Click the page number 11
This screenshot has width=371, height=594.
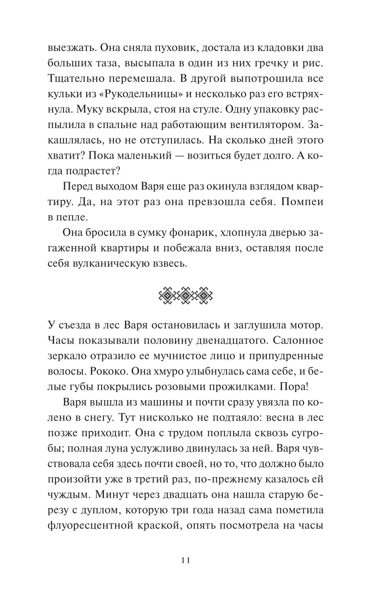pyautogui.click(x=185, y=561)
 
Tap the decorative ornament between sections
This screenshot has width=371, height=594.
pyautogui.click(x=185, y=295)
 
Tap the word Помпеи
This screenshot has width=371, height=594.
pyautogui.click(x=302, y=202)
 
